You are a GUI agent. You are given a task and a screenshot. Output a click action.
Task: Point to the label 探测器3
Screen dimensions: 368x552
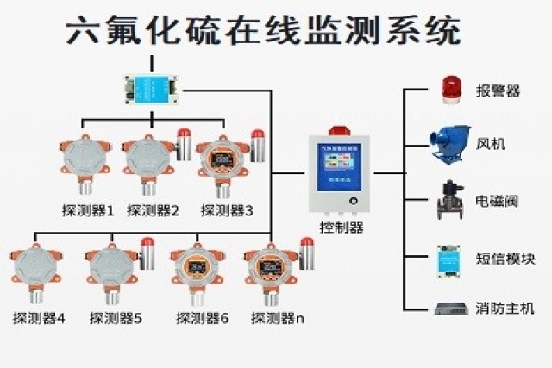coord(227,209)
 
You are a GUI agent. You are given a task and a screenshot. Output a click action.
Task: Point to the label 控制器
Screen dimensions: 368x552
coord(342,228)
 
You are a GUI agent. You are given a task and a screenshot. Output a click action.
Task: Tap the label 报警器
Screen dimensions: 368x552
coord(498,91)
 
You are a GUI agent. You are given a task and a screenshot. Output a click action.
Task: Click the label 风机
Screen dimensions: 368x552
coord(491,143)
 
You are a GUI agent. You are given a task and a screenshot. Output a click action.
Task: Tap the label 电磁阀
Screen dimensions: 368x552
coord(498,202)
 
